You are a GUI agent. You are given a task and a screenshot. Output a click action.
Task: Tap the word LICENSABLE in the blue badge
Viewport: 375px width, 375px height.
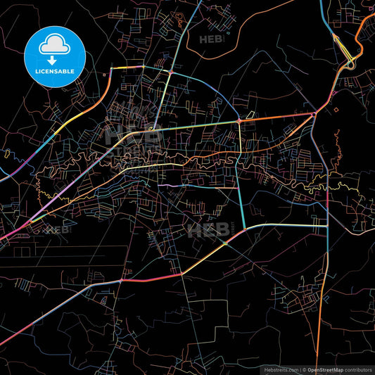coord(54,71)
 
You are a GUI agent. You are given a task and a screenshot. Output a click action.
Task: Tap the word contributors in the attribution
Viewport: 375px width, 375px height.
coord(357,369)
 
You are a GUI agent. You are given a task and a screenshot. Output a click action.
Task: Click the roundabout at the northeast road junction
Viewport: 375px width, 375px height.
coord(313,113)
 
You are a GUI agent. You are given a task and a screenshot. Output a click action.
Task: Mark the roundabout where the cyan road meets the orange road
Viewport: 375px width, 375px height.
coord(239,121)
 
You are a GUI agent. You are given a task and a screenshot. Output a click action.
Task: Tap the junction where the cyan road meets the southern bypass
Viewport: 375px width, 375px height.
coord(244,229)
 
